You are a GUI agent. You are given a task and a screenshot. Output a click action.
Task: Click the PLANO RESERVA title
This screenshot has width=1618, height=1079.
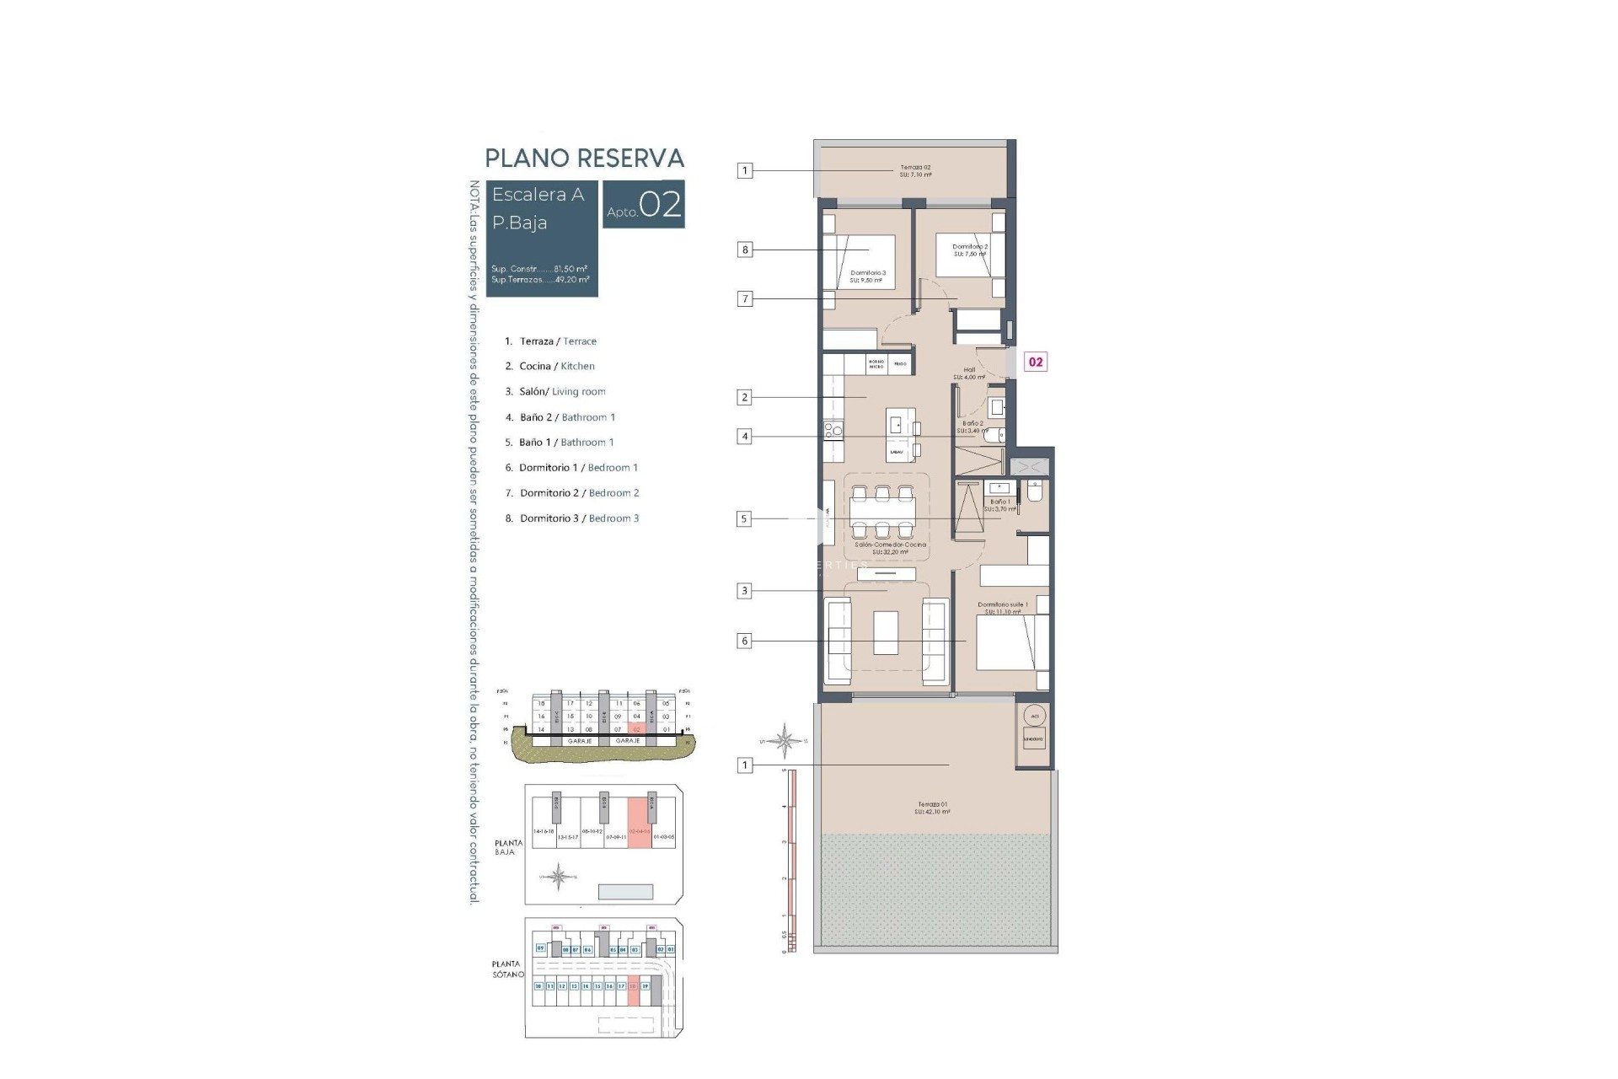point(584,158)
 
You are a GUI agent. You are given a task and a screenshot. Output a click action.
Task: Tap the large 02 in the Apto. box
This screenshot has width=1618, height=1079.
point(660,205)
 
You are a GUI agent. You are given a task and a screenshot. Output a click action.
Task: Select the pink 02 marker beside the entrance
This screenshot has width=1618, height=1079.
point(1035,362)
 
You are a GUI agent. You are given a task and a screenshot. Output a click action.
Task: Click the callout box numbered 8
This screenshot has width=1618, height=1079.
point(744,250)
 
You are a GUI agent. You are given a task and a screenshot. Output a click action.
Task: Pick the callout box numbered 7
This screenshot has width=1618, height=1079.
point(744,298)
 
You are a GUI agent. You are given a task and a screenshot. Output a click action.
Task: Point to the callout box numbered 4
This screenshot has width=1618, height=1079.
point(744,437)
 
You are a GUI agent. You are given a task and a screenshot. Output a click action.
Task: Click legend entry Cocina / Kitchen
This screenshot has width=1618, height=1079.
point(556,366)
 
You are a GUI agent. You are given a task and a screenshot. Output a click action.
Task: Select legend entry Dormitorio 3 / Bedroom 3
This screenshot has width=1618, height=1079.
point(579,518)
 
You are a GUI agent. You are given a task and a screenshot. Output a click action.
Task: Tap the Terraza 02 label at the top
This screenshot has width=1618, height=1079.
point(915,170)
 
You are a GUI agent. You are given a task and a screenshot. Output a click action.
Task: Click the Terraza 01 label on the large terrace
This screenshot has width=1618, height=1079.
point(932,808)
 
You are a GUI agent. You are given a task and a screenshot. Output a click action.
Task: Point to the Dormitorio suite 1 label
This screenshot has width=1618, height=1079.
point(1002,608)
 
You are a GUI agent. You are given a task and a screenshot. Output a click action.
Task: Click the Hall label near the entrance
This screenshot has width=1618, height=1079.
point(969,373)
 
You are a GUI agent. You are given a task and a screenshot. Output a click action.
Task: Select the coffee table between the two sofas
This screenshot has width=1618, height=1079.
point(886,633)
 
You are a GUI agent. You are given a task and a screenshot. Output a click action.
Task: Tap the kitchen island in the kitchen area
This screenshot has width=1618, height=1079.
point(897,434)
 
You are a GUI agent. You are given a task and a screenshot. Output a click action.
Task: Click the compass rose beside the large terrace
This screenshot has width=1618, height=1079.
point(784,741)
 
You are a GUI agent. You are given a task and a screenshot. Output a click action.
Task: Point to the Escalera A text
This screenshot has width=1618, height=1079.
point(538,195)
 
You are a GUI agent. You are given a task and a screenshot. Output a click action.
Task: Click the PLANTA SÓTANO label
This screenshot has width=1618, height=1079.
point(507,969)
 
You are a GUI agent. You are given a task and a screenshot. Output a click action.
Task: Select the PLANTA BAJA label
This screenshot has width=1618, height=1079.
point(508,847)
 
